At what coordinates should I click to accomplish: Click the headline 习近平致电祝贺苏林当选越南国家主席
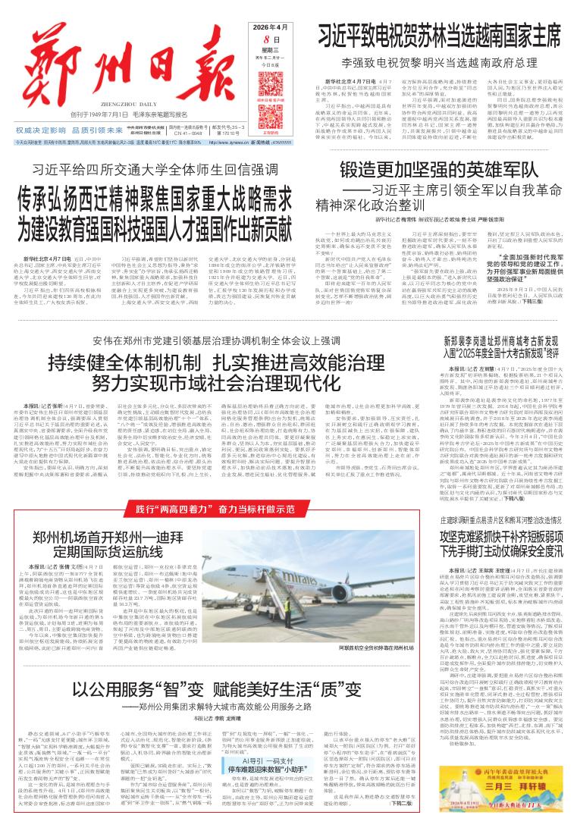(439, 34)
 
